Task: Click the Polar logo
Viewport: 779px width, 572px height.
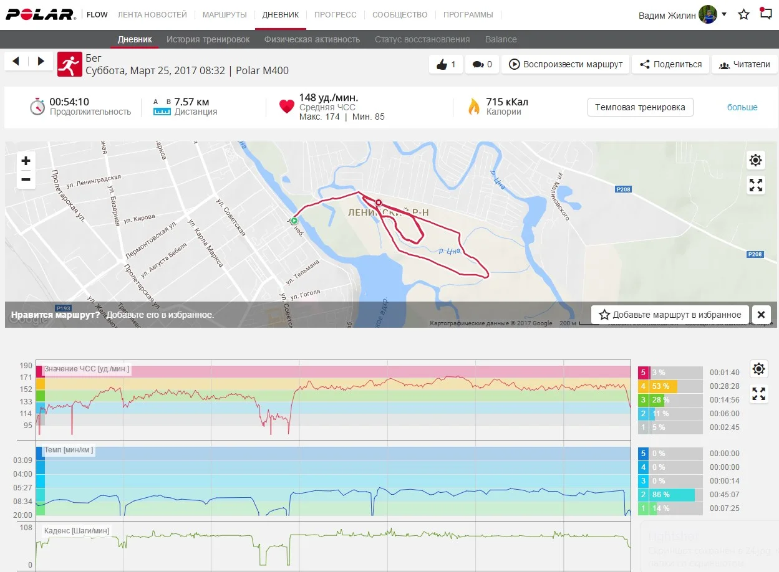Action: tap(40, 14)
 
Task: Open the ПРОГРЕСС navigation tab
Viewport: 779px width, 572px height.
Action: tap(335, 14)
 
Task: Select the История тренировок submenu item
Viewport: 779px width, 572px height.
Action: tap(208, 39)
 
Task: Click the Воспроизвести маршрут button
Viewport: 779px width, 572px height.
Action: tap(566, 64)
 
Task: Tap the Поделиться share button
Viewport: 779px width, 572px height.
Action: tap(670, 64)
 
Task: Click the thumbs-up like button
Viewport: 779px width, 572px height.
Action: tap(446, 64)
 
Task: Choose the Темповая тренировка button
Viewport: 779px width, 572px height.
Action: tap(640, 107)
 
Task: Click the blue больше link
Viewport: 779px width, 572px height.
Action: tap(742, 107)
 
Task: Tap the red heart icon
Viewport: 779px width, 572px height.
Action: tap(286, 107)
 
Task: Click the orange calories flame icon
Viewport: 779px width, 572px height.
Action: tap(474, 107)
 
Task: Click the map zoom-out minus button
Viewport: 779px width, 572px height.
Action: tap(26, 179)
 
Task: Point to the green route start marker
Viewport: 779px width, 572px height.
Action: tap(294, 220)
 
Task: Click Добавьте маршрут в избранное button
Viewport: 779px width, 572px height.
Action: tap(670, 315)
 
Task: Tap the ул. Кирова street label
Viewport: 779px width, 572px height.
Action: tap(139, 219)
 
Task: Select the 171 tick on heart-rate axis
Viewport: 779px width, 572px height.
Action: tap(26, 378)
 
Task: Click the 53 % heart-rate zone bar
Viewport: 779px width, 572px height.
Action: tap(663, 386)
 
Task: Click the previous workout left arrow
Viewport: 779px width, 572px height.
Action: tap(16, 61)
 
